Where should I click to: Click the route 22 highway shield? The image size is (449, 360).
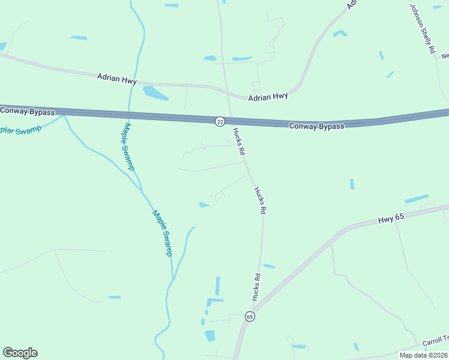220,122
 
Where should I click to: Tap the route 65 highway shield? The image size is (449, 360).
250,316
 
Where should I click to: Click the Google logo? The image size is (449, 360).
20,353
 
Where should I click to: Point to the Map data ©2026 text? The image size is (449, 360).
423,355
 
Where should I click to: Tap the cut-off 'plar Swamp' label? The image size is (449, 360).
20,129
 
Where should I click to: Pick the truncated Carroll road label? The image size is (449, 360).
435,341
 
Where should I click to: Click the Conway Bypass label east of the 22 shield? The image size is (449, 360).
316,126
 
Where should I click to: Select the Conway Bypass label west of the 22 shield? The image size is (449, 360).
28,112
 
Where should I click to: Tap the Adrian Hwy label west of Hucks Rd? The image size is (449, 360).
116,79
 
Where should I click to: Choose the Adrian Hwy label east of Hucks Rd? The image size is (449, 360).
268,96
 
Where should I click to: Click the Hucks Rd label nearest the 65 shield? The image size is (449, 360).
257,287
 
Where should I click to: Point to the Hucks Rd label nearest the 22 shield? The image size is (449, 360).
238,142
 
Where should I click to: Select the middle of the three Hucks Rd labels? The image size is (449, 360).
259,200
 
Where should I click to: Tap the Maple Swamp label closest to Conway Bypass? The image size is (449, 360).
127,146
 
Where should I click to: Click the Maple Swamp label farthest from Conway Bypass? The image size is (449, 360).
162,233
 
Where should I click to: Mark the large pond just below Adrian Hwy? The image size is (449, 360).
154,93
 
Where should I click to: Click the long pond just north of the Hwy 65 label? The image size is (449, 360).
417,199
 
